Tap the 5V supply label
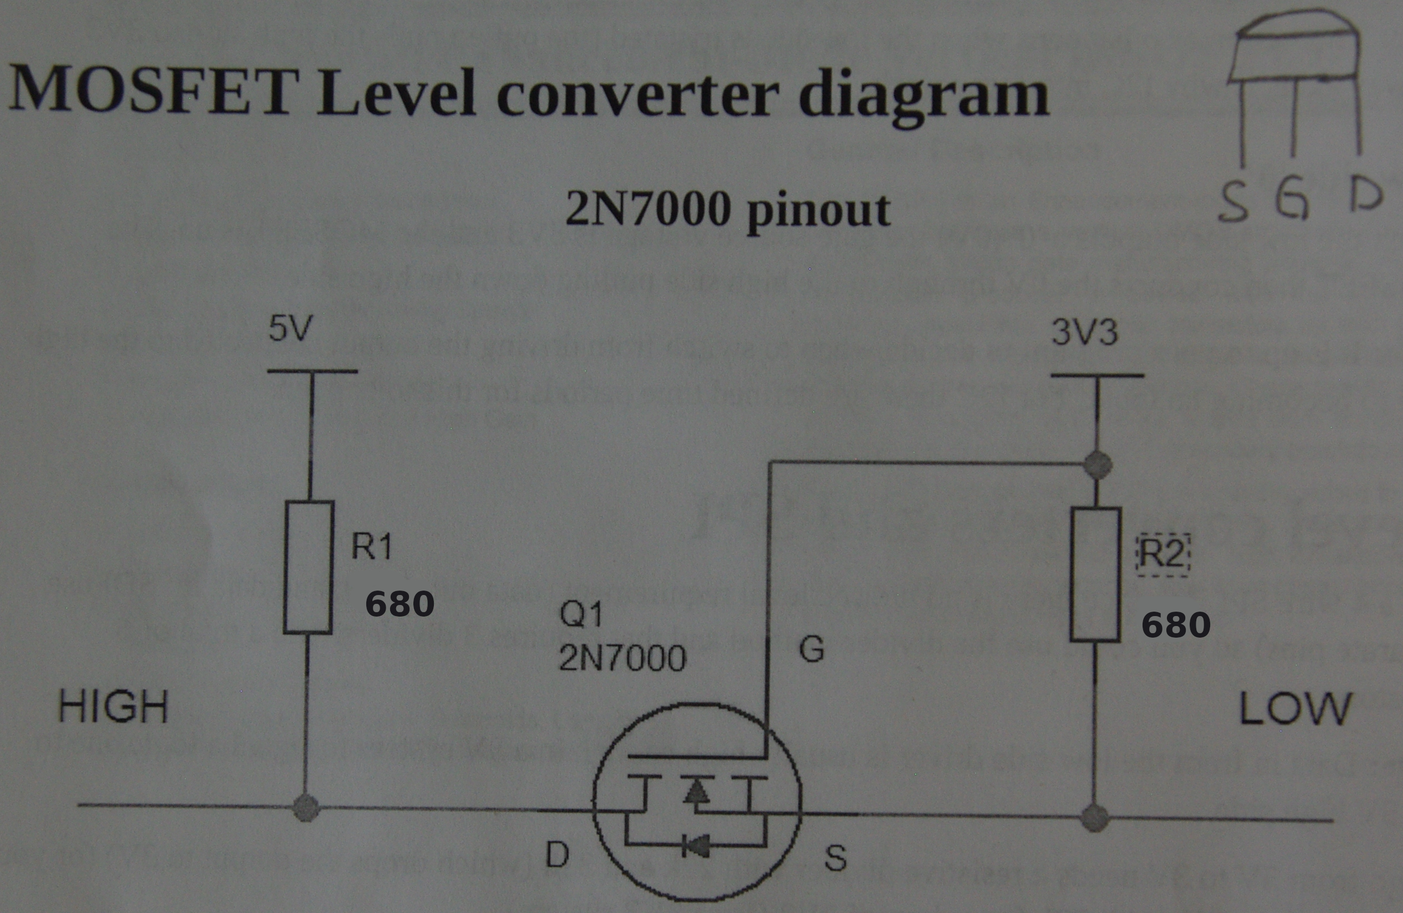click(x=289, y=329)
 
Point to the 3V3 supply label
click(x=1083, y=332)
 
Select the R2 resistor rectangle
click(x=1095, y=573)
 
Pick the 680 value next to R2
click(x=1176, y=624)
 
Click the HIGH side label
click(x=113, y=707)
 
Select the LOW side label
click(x=1294, y=709)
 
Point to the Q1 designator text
click(x=581, y=615)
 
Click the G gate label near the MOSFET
click(x=811, y=650)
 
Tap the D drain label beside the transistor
click(x=557, y=855)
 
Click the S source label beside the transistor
click(x=835, y=858)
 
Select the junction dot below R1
click(x=306, y=807)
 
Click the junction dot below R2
click(x=1095, y=818)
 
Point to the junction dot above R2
click(x=1097, y=465)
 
